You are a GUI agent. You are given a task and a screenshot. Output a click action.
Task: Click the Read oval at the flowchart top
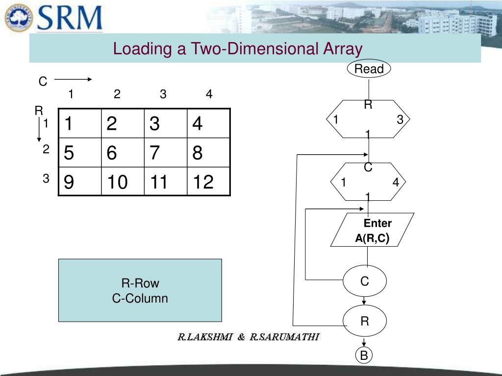(369, 69)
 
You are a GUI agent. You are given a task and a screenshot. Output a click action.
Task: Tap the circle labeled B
(364, 356)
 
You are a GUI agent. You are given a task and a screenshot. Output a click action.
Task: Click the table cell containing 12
(208, 182)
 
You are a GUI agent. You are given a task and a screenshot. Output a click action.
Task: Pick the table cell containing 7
(165, 153)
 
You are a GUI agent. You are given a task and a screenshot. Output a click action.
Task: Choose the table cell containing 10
(123, 182)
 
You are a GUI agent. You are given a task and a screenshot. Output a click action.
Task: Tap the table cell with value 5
(80, 153)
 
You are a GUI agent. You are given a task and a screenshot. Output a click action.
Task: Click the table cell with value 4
(208, 124)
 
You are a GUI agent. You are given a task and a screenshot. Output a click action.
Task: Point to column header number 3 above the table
(163, 94)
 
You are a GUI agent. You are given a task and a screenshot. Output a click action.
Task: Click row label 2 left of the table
(46, 150)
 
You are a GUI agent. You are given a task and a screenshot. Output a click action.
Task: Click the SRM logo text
(70, 18)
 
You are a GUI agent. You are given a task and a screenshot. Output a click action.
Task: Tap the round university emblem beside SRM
(18, 18)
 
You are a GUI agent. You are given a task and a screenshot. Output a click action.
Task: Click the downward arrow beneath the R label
(39, 129)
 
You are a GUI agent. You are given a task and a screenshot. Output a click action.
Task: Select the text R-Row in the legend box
(140, 283)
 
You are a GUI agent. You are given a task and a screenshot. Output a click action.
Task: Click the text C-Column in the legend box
(140, 298)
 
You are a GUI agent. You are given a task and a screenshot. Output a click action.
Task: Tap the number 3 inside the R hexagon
(400, 119)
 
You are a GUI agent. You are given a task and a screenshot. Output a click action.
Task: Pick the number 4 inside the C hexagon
(396, 183)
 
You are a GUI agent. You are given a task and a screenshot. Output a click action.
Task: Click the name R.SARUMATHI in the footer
(284, 337)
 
